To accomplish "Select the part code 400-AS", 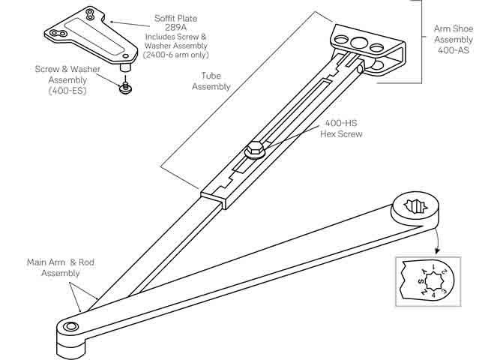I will [453, 50].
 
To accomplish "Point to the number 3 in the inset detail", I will [445, 289].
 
